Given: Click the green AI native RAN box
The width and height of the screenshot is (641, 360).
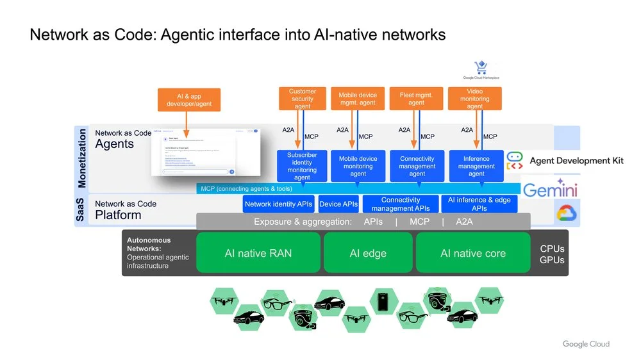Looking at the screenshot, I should click(258, 253).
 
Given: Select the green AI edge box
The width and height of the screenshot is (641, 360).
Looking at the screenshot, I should click(367, 253).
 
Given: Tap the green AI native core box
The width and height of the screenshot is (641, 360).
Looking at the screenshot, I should click(472, 253).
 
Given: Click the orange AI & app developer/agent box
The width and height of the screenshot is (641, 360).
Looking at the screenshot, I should click(188, 100).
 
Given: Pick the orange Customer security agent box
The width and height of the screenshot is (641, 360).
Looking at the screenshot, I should click(302, 99).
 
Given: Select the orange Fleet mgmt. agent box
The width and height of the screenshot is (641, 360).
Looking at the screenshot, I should click(416, 99).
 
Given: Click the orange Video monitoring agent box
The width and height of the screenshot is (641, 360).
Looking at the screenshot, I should click(474, 99).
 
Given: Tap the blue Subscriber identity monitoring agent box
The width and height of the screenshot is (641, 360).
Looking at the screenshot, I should click(302, 166).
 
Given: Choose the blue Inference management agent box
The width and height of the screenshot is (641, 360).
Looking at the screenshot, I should click(476, 166).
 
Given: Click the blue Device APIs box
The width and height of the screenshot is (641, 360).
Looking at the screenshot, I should click(338, 204).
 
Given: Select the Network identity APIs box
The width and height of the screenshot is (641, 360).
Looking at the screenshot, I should click(279, 204).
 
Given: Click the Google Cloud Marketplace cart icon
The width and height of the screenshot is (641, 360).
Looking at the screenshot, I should click(481, 68).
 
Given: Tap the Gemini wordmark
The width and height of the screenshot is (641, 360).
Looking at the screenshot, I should click(550, 190).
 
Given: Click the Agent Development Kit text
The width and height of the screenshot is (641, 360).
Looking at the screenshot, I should click(576, 161).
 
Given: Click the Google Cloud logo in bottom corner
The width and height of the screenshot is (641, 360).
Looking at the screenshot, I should click(586, 344).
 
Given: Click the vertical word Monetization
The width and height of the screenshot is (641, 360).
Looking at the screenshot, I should click(81, 158).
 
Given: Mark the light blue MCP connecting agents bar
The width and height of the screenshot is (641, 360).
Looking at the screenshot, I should click(358, 188).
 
